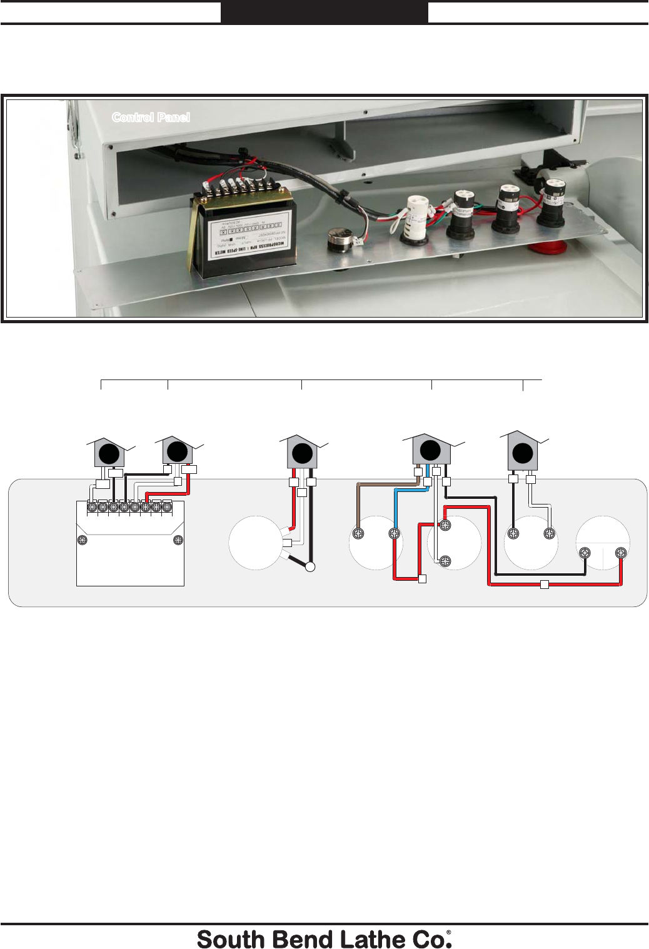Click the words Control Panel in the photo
click(x=151, y=118)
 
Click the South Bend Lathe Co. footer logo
click(x=324, y=939)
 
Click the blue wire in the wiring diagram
click(x=396, y=506)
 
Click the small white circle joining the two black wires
click(x=310, y=567)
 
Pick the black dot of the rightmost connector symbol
click(x=523, y=453)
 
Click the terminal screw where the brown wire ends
click(x=359, y=534)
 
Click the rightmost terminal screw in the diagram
click(x=621, y=553)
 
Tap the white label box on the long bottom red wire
click(x=545, y=585)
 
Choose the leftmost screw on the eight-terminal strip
click(x=92, y=507)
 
